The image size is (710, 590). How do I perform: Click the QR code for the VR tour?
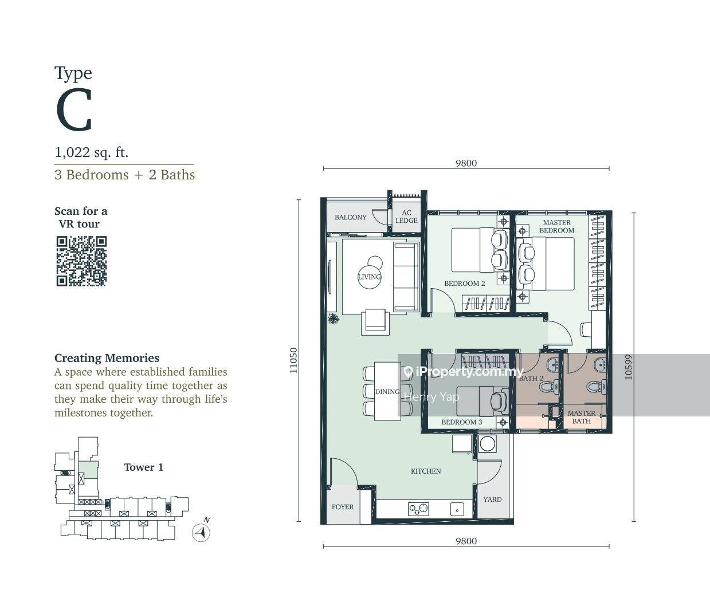(x=81, y=261)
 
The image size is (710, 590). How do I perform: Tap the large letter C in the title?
(x=74, y=112)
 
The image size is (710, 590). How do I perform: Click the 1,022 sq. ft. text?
(x=92, y=152)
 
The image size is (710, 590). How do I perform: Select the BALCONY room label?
(x=350, y=217)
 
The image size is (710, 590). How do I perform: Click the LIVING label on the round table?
(x=369, y=277)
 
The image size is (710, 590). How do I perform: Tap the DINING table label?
(x=387, y=392)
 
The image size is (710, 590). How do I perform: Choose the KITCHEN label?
(x=426, y=471)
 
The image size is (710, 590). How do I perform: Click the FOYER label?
(x=343, y=507)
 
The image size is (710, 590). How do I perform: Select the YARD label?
(x=492, y=499)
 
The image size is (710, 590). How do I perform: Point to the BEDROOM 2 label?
(x=465, y=284)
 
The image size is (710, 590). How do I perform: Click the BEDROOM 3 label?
(x=461, y=422)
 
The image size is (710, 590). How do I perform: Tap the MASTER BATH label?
(x=581, y=417)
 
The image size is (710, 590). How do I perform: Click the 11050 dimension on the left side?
(x=293, y=361)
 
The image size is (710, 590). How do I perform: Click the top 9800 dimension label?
(x=466, y=163)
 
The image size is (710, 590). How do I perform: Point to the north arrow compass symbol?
(x=201, y=532)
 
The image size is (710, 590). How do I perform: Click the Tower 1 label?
(x=143, y=467)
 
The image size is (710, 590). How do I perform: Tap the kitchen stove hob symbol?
(x=418, y=508)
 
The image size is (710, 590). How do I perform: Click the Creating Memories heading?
(x=107, y=358)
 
